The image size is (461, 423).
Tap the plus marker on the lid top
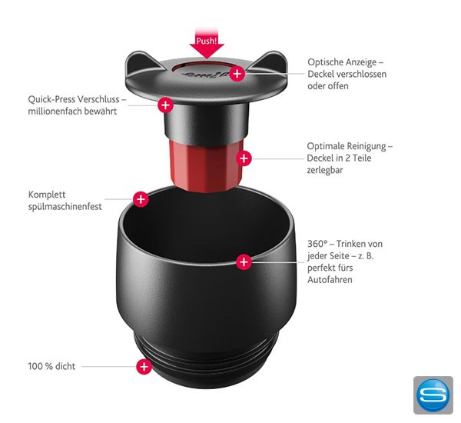coord(237,74)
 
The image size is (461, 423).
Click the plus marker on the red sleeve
coord(244,158)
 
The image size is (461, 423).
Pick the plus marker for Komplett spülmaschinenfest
coord(141,199)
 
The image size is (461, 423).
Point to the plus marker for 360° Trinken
coord(244,261)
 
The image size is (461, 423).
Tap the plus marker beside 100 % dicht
coord(144,367)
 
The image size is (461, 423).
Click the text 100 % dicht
coord(52,367)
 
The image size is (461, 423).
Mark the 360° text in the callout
coord(318,243)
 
